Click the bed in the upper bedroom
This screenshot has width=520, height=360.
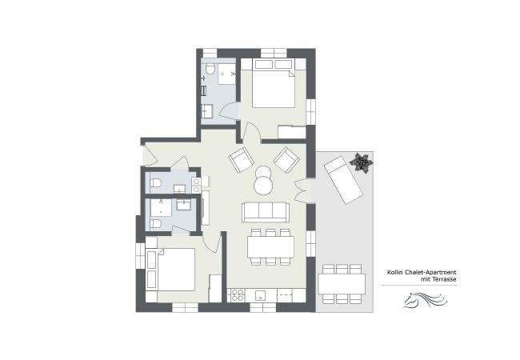pos(273,89)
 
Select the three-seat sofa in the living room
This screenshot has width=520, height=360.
pos(266,211)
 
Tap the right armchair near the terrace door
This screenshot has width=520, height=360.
pos(286,160)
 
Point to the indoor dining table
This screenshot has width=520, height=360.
pos(270,246)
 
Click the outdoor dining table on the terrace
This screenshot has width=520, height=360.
pos(342,283)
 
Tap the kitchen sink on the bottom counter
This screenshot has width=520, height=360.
pos(260,295)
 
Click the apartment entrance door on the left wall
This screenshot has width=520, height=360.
pos(143,155)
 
